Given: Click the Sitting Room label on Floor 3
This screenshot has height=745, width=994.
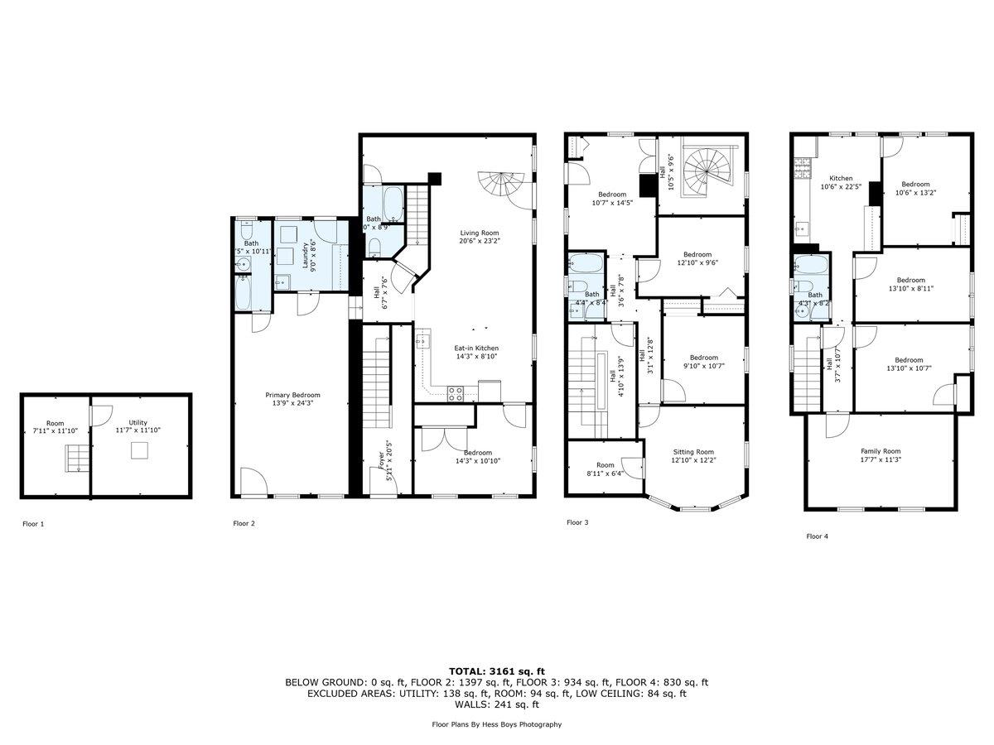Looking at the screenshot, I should pos(693,456).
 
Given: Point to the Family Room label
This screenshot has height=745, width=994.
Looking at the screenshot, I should pos(880,456).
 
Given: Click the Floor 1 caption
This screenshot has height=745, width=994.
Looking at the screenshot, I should pos(34,524).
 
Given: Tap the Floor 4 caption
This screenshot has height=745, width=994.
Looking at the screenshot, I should pos(817,536).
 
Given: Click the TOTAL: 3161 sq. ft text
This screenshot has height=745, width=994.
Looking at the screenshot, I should pos(497,671).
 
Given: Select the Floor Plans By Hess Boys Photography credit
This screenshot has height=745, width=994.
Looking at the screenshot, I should pos(497,724).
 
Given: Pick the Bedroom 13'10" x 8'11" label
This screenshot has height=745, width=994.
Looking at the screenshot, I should pos(910,284).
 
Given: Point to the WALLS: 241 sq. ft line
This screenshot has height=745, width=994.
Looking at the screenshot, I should pos(497,705).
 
